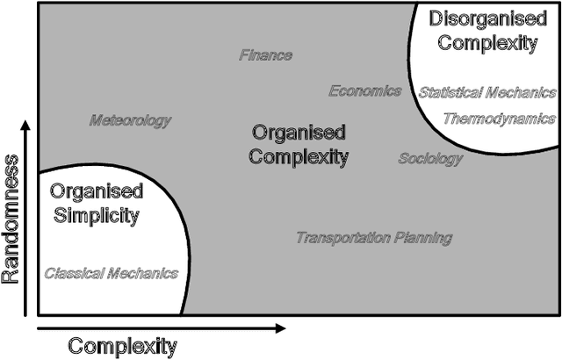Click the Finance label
coord(266,55)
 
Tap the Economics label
coord(365,91)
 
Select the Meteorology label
coord(131,120)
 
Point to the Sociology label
coord(430,159)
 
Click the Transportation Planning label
coord(374,238)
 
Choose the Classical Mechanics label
coord(112,273)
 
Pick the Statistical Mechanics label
coord(486,92)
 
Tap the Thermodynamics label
coord(499,119)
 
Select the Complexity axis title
coord(122,346)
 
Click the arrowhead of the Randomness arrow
coord(27,125)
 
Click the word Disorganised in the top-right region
coord(489,18)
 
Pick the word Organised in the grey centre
coord(299,133)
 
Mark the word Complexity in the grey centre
coord(299,157)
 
